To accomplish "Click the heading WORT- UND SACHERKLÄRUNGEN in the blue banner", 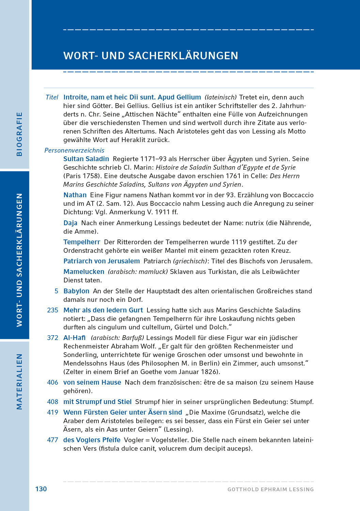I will click(x=151, y=56).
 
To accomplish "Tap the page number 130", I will click(x=41, y=489).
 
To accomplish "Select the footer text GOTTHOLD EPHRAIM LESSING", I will click(x=270, y=490).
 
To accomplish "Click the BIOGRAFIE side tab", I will click(x=19, y=134).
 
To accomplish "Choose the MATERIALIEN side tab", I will click(x=19, y=381).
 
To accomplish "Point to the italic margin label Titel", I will click(x=52, y=97).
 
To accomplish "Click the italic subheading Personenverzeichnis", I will click(x=74, y=150).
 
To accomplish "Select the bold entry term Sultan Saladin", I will click(x=86, y=159).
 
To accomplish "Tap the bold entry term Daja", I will click(x=71, y=223).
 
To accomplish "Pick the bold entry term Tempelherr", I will click(x=82, y=242).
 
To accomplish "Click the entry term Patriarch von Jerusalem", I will click(x=101, y=261).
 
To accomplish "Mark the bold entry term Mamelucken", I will click(x=84, y=272).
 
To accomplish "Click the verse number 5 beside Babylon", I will click(x=57, y=291).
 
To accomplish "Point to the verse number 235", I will click(x=52, y=310).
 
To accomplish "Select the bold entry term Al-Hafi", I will click(x=75, y=338).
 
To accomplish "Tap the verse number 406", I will click(x=52, y=382).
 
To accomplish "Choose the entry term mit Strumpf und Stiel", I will click(x=97, y=402).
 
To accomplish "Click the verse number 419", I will click(x=52, y=412).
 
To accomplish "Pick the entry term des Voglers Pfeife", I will click(x=92, y=440).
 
